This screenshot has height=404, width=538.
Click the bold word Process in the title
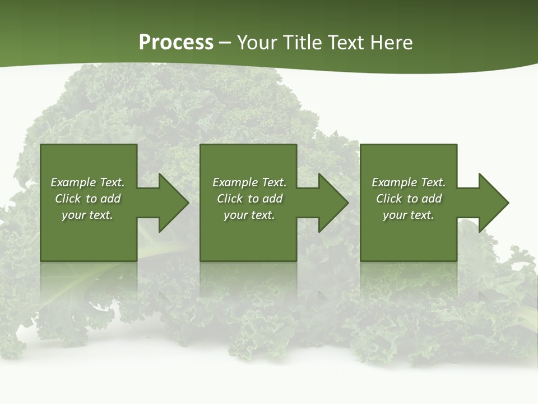point(176,43)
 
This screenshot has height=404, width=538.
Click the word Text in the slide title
point(345,43)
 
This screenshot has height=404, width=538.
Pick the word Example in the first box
point(73,182)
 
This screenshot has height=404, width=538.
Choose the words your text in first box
point(87,215)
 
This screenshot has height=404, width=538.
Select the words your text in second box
point(249,215)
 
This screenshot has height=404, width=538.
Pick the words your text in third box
point(409,215)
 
